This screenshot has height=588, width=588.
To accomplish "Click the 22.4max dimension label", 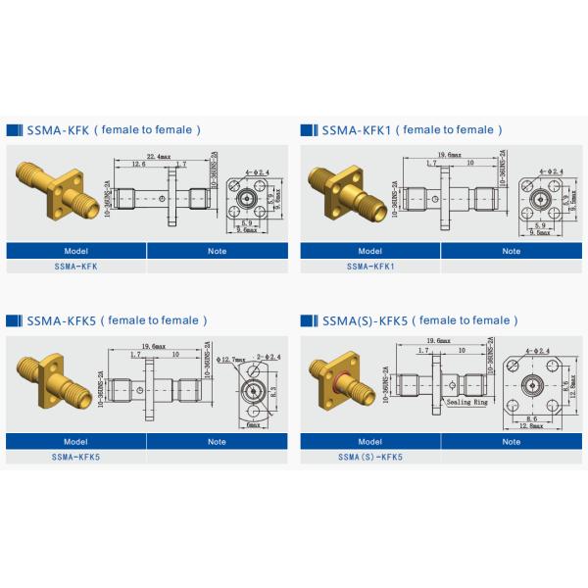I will (160, 155).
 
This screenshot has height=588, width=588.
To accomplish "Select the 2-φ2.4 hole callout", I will (268, 355).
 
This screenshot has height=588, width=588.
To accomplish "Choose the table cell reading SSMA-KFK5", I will (76, 457).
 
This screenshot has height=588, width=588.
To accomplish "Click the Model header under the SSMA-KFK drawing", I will (76, 251).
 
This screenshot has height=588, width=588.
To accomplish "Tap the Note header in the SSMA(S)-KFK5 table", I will (511, 442).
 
